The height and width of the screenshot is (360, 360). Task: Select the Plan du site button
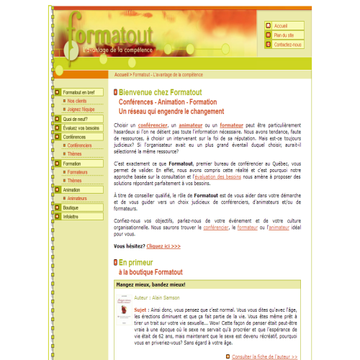[x=284, y=35]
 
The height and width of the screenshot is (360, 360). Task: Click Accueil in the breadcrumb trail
[x=122, y=74]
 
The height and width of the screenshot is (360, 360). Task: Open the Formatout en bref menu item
[x=78, y=92]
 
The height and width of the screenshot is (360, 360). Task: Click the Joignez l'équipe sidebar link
[x=82, y=110]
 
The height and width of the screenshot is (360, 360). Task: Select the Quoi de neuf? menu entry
[x=76, y=119]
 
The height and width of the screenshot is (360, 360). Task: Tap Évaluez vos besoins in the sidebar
[x=81, y=127]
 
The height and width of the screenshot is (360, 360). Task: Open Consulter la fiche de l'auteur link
[x=264, y=356]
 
